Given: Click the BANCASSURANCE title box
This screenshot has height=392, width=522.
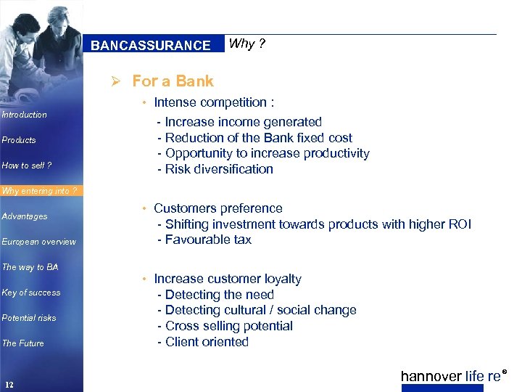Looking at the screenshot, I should point(150,45).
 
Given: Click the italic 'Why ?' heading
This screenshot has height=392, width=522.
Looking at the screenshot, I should point(247,44).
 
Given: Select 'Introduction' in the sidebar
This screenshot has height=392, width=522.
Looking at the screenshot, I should point(24,115).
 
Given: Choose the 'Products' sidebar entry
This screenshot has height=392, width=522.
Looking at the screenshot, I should point(19,140).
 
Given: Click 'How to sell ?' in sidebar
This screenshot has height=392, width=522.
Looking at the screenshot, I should point(27,166).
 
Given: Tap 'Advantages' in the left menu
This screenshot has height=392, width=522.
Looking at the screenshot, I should point(25,216).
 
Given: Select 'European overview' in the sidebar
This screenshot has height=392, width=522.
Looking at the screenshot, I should point(38,242).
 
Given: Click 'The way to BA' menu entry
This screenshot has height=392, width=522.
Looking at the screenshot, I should point(30,267).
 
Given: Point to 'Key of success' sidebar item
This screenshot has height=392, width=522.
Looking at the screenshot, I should point(31,293).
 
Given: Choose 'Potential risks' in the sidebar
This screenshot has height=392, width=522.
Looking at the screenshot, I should point(28,318).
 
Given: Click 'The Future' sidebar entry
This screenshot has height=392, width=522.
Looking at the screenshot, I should point(22,343).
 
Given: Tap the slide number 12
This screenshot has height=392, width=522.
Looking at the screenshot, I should point(9,384).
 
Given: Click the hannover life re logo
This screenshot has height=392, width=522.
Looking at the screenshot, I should point(451,376).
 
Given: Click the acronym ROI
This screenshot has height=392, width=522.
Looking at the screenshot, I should point(460,224).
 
